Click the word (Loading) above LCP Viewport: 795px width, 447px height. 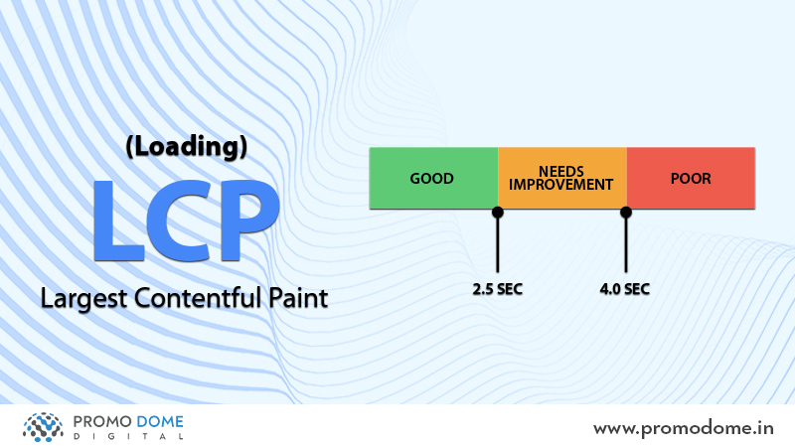[x=186, y=147]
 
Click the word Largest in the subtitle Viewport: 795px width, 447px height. [x=83, y=299]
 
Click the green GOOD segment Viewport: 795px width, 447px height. [x=433, y=178]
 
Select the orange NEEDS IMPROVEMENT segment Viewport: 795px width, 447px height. [x=562, y=178]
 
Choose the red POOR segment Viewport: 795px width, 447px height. [x=691, y=178]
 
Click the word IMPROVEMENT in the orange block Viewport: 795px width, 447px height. [x=561, y=185]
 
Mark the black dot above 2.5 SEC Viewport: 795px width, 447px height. [x=498, y=213]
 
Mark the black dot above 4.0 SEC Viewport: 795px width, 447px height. [x=626, y=213]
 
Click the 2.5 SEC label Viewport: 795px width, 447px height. [x=498, y=289]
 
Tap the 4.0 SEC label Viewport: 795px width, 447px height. [x=625, y=289]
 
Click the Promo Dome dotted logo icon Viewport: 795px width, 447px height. [x=43, y=427]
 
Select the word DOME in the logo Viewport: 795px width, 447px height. [x=160, y=421]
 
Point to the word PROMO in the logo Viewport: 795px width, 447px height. [x=103, y=421]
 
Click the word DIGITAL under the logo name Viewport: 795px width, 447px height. [x=128, y=436]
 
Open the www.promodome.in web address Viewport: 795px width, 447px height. [x=684, y=429]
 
